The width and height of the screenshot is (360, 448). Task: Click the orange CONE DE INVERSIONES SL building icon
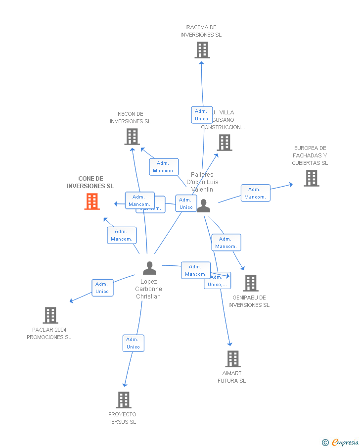pos(92,201)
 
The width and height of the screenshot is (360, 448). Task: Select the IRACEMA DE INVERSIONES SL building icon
pos(202,50)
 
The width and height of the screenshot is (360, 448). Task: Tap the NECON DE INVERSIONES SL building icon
pos(132,137)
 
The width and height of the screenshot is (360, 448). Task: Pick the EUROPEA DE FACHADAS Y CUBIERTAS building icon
pos(311,178)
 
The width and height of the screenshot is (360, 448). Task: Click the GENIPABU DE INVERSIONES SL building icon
pos(251,283)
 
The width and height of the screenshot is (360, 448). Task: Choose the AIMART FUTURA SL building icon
pos(233,359)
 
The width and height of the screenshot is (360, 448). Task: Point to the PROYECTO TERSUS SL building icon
pos(124,400)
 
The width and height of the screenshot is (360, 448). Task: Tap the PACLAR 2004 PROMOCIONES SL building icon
pos(50,315)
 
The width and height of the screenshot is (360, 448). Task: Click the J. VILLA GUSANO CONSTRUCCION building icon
pos(225,143)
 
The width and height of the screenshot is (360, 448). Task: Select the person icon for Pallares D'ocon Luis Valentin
pos(204,206)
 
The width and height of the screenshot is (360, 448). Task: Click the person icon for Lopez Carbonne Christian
pos(149,268)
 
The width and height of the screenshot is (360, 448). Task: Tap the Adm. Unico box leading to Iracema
pos(202,115)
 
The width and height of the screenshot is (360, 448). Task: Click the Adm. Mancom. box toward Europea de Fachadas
pos(255,193)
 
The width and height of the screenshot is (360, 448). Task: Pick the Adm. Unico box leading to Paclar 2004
pos(102,288)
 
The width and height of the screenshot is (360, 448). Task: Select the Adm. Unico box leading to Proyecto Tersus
pos(133,343)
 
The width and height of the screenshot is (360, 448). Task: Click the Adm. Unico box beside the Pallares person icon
pos(186,203)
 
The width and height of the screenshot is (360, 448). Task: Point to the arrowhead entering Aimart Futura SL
pos(229,345)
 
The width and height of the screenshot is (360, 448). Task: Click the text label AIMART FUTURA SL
pos(232,377)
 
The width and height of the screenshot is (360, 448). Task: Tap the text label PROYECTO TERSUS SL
pos(122,418)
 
